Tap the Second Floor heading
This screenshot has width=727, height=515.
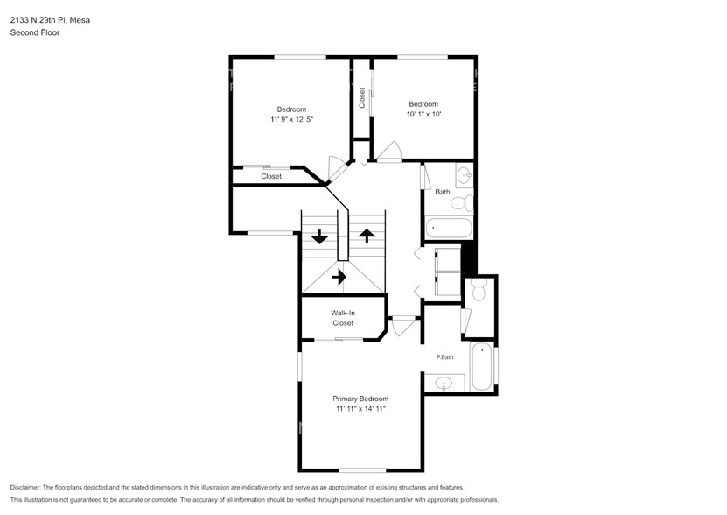(31, 32)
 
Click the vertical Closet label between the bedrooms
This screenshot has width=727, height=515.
(361, 97)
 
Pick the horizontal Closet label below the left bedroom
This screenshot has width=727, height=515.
(271, 176)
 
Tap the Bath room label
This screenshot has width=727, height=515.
(443, 192)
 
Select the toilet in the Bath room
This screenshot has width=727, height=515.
(463, 204)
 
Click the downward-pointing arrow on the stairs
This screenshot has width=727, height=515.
(320, 236)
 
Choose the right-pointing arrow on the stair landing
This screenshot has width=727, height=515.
(339, 277)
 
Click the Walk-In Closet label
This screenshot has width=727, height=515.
(342, 318)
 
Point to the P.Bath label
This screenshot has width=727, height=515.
(444, 356)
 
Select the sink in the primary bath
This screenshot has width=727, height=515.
(444, 383)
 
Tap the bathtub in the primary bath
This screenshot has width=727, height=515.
(482, 368)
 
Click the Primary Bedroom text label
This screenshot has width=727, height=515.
(360, 399)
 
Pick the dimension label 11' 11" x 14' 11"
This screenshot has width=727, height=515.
(360, 409)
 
